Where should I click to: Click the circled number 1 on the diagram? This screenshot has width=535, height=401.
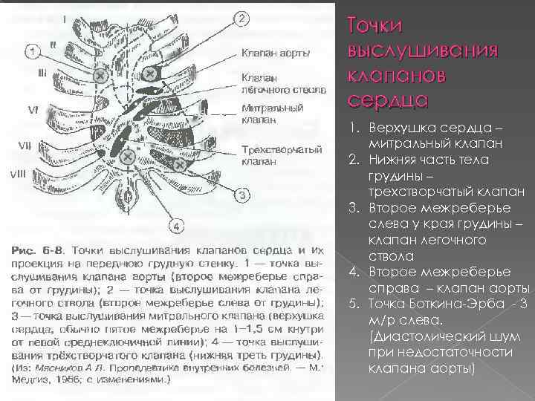(x=32, y=51)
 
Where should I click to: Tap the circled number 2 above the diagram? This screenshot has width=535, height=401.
(x=243, y=18)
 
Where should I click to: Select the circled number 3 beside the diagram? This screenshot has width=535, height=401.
(x=243, y=196)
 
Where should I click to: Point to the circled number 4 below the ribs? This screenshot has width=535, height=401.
(x=178, y=225)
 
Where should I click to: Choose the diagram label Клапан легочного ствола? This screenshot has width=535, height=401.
(x=282, y=82)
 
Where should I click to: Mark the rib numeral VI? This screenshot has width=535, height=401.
(x=33, y=109)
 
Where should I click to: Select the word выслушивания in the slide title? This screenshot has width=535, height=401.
(x=421, y=50)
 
